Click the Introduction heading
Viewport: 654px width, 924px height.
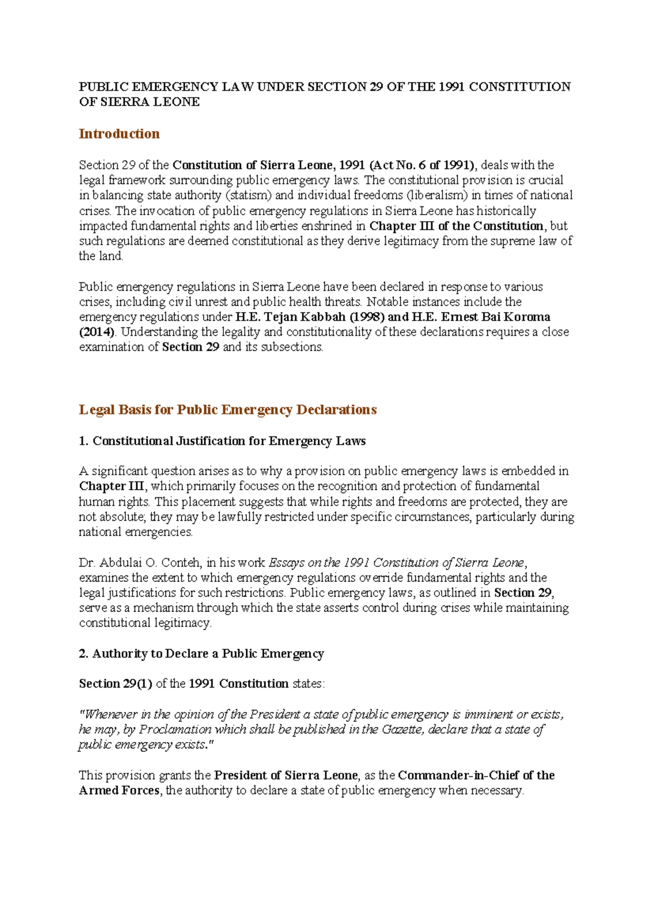119,134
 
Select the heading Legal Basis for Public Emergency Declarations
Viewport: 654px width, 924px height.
227,410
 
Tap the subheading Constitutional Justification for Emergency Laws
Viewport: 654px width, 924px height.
229,441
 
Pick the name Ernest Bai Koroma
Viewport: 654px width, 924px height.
496,317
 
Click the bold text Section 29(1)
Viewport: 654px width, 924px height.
116,683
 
